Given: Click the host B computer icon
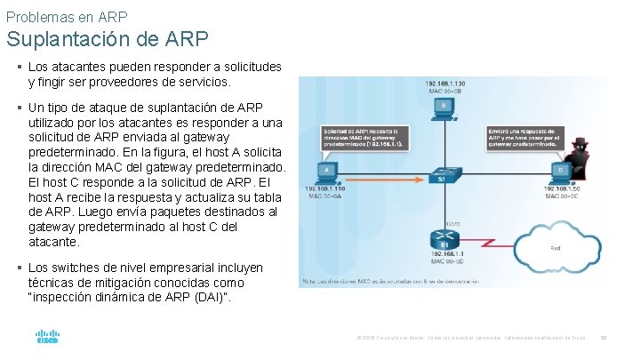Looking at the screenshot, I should [x=444, y=108].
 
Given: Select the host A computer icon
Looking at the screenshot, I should [x=326, y=170].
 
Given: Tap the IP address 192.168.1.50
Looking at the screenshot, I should [x=563, y=189].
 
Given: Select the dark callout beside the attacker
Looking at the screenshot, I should [x=524, y=137].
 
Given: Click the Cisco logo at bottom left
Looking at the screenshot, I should [x=47, y=337].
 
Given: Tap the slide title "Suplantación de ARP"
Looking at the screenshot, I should [x=108, y=39].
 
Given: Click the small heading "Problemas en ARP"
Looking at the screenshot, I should [x=66, y=16].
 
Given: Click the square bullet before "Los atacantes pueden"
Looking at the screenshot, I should [x=20, y=67].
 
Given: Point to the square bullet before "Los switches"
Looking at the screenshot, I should [x=20, y=267].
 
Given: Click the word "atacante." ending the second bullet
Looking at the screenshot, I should [x=54, y=241].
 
